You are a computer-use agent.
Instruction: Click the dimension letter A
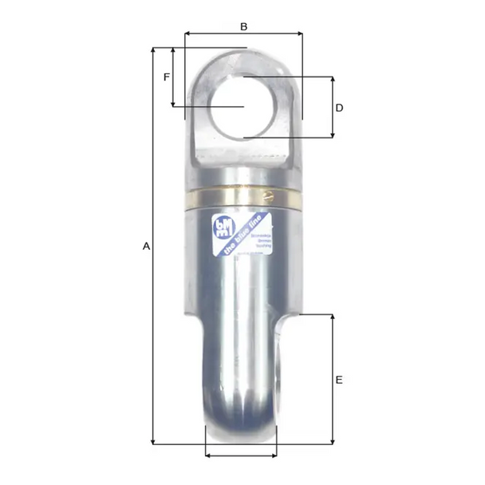[x=146, y=246]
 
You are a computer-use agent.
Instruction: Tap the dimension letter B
[x=244, y=26]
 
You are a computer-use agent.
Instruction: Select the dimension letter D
[x=339, y=108]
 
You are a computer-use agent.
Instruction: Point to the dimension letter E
[x=339, y=380]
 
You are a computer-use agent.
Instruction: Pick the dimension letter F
[x=166, y=77]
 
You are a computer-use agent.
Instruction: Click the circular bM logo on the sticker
[x=223, y=227]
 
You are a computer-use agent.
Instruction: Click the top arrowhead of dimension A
[x=152, y=50]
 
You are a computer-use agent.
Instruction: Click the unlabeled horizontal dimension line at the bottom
[x=241, y=455]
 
